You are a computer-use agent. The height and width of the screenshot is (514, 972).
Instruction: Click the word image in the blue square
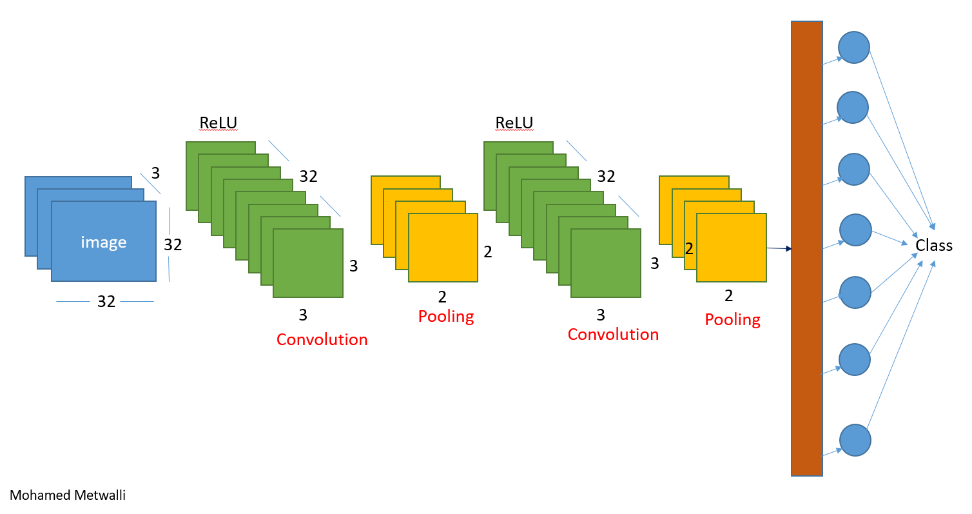click(x=103, y=242)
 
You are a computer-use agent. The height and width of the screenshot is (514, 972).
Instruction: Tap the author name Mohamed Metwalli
click(x=68, y=495)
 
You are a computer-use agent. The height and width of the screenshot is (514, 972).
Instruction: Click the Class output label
click(x=934, y=246)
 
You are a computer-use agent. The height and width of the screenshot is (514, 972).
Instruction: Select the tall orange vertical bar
click(x=807, y=248)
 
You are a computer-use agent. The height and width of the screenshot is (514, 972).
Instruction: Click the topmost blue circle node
click(x=854, y=47)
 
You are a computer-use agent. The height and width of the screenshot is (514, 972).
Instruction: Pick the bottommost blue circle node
click(x=855, y=440)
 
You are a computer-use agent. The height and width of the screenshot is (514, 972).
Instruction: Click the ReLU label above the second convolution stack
click(x=514, y=123)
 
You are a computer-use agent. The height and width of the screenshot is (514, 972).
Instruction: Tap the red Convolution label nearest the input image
click(x=322, y=339)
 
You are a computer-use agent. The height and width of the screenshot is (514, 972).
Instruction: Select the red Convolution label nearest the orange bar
click(x=613, y=334)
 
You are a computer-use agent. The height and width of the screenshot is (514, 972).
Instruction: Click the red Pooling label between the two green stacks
click(x=446, y=317)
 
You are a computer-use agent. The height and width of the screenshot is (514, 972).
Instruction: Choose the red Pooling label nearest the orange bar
click(x=732, y=319)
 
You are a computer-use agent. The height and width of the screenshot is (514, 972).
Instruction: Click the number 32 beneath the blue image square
click(x=106, y=301)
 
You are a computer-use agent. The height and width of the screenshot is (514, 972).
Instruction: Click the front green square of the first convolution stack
click(x=308, y=263)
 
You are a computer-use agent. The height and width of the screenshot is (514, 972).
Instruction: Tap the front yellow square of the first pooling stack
click(x=443, y=248)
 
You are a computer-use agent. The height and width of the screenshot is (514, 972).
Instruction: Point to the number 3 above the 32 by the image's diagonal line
click(x=155, y=173)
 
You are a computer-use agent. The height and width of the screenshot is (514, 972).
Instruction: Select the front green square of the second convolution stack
click(x=606, y=263)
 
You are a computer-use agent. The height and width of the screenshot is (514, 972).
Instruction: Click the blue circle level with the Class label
click(x=856, y=230)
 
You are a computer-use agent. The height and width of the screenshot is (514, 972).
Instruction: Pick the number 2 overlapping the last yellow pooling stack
click(x=689, y=248)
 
